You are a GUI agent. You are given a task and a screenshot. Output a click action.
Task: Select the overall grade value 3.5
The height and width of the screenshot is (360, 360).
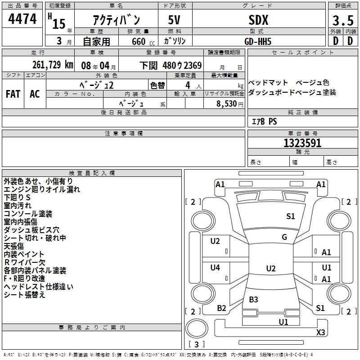(x=343, y=20)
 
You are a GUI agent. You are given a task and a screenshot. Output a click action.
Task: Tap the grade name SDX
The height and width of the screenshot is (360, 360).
(x=258, y=20)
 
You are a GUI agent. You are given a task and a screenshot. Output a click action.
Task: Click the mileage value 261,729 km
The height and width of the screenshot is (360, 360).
(x=53, y=65)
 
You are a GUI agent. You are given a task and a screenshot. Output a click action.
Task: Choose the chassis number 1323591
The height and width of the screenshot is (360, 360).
(x=302, y=144)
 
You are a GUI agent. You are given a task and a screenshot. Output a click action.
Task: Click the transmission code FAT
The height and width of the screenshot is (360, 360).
(x=13, y=94)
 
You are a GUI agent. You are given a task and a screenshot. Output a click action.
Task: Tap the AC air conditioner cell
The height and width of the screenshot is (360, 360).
(x=35, y=94)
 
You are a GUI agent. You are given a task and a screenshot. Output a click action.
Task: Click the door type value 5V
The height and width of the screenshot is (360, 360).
(x=175, y=20)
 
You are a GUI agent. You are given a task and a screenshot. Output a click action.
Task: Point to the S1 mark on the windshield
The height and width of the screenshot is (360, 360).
(x=291, y=216)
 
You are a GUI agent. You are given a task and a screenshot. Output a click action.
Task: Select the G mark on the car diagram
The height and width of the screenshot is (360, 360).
(x=284, y=237)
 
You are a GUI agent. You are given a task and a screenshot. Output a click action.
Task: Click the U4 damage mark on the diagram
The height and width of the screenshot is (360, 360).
(x=215, y=268)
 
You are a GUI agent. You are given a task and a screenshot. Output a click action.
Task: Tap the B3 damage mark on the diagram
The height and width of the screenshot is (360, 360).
(x=253, y=299)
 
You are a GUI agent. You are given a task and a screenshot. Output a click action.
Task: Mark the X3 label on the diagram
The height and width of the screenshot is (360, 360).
(x=320, y=333)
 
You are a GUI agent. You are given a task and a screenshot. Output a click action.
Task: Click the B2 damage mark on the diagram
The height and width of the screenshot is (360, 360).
(x=221, y=308)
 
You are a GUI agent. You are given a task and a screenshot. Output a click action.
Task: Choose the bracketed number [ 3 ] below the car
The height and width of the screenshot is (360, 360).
(x=196, y=345)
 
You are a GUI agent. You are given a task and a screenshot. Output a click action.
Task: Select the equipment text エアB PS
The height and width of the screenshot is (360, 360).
(x=264, y=121)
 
